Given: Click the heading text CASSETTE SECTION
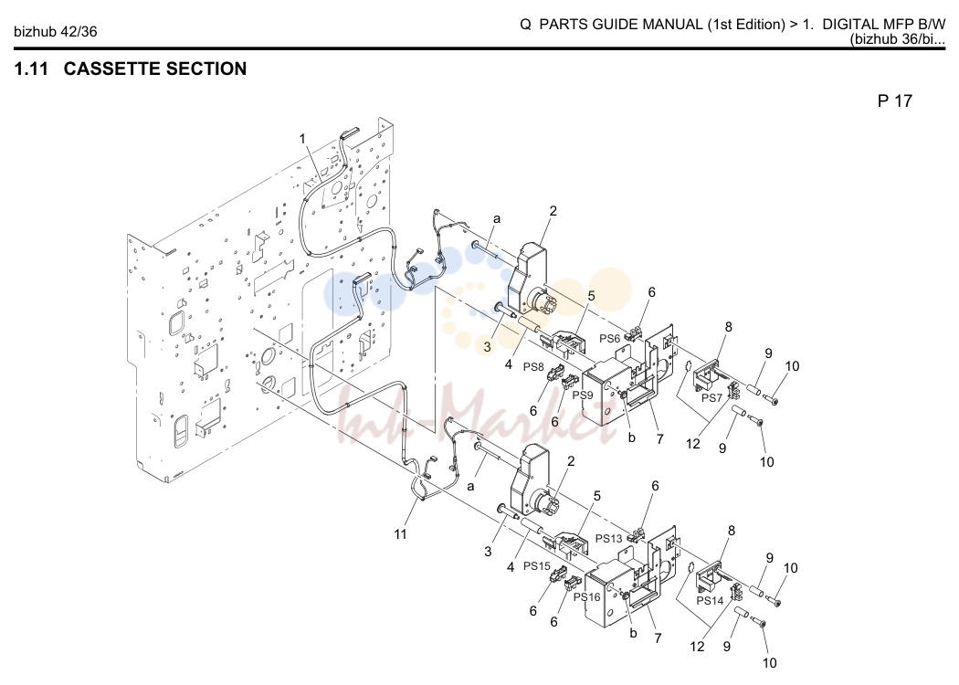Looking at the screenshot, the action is tap(154, 68).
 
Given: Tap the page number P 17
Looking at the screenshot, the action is tap(894, 100).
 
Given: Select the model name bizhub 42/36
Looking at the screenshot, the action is tap(55, 31).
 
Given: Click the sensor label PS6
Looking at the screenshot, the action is tap(610, 338).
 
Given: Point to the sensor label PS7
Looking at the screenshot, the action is tap(711, 397).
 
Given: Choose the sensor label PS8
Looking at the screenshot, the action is tap(533, 367).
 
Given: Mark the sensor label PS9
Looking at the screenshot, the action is tap(583, 395).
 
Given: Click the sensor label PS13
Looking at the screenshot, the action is tap(609, 538).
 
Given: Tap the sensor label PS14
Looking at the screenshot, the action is tap(710, 601).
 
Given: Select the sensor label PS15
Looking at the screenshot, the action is tap(537, 566).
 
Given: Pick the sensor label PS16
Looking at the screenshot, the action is tap(587, 597).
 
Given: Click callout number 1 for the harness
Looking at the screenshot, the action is tap(302, 139).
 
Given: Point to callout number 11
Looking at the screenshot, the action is tap(400, 534).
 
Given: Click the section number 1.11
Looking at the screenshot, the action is tap(31, 68).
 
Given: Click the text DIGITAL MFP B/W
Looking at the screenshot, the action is tap(884, 25).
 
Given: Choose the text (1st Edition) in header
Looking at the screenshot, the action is tap(747, 25).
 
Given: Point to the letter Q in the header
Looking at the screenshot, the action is tap(525, 25).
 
